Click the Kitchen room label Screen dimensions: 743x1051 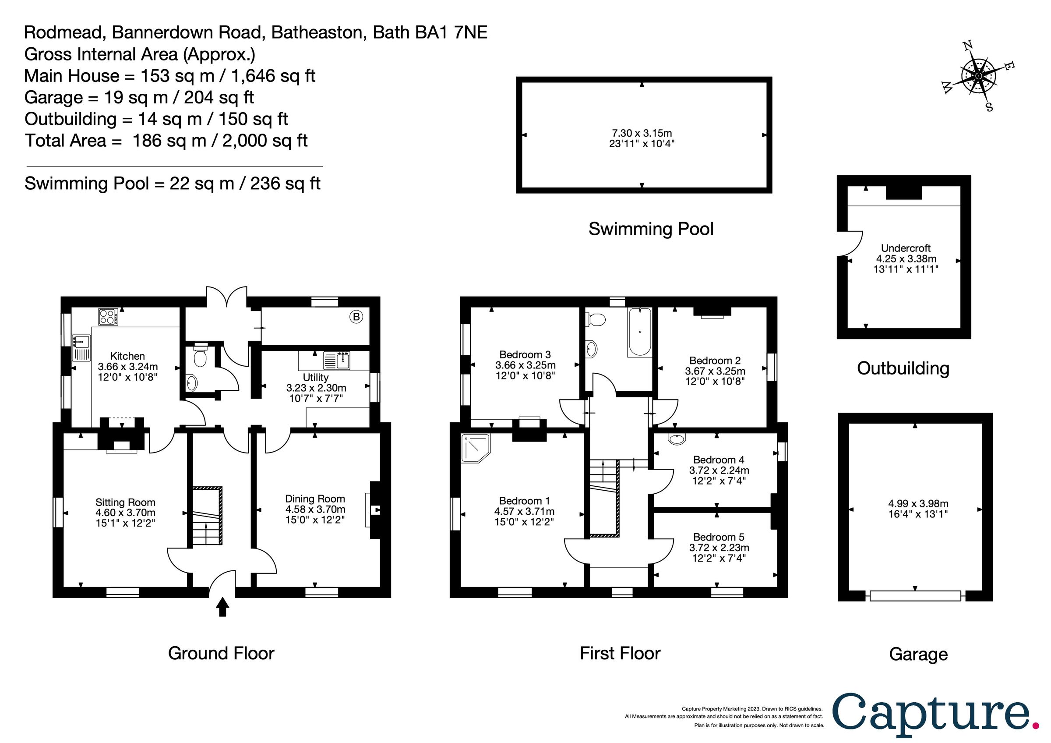127,356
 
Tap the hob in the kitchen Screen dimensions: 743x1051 108,317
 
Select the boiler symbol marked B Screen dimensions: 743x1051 356,317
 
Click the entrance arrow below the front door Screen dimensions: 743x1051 222,607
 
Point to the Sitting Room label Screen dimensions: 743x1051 125,502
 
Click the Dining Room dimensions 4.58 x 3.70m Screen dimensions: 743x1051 315,509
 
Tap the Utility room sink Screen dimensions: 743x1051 337,361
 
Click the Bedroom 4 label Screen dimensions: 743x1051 719,460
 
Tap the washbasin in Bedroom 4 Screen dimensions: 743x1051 677,439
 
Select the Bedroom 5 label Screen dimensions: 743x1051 719,537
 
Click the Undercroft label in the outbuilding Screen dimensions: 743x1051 906,248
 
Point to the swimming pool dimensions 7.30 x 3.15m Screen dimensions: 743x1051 642,133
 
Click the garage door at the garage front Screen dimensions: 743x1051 916,596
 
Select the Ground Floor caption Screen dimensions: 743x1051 221,653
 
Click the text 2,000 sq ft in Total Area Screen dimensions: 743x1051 265,141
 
